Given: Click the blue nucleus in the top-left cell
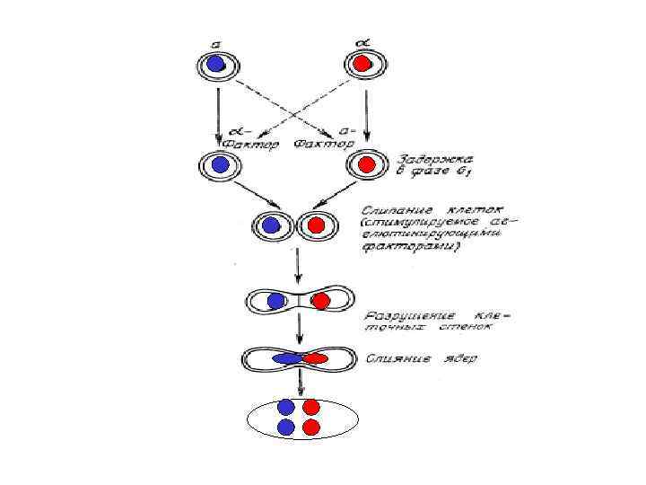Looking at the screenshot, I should (x=216, y=64).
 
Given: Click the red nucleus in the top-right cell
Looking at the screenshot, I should (x=362, y=64).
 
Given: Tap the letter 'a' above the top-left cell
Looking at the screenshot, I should (x=214, y=41).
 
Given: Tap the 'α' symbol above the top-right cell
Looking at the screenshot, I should (x=362, y=41).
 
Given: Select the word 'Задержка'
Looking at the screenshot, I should (x=424, y=154).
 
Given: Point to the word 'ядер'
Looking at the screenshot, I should (x=461, y=359).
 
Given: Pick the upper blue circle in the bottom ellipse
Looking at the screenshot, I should (x=286, y=407).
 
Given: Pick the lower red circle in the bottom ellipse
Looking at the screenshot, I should (x=311, y=428).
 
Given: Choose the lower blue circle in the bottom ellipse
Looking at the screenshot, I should (x=286, y=428).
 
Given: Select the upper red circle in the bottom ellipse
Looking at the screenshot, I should (x=311, y=407).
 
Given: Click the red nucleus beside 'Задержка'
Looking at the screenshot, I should (x=365, y=164).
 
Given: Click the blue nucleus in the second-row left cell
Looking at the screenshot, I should (x=218, y=164).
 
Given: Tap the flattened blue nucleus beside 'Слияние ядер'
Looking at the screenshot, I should (x=287, y=359).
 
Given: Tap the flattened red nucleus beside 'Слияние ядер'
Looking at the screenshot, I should (x=315, y=359).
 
